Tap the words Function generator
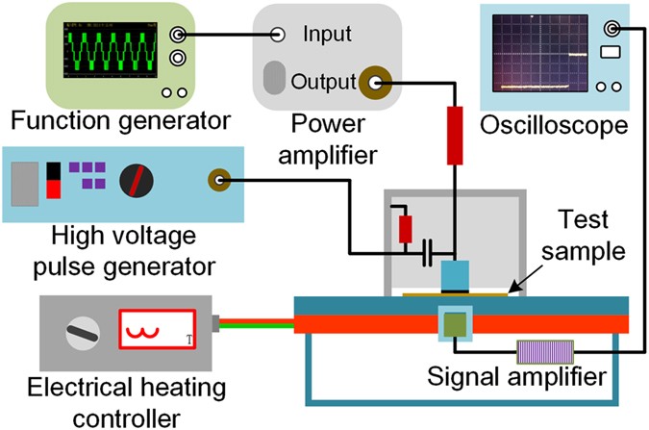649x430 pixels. (120, 121)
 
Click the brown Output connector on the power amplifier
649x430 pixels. (373, 84)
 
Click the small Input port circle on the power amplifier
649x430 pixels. (278, 36)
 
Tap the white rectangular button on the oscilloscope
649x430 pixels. (610, 51)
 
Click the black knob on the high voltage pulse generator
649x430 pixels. (136, 180)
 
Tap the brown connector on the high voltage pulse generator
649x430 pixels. (222, 179)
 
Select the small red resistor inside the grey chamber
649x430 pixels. (406, 229)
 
